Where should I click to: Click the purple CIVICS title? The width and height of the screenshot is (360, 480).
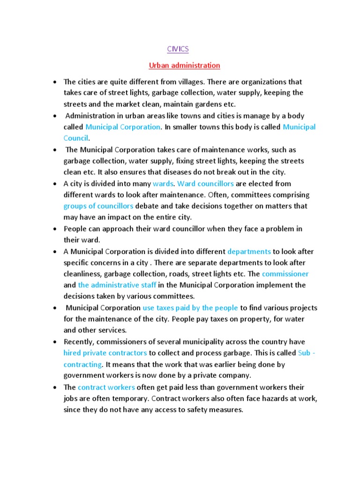click(178, 49)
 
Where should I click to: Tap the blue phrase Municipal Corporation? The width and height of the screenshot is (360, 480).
click(123, 127)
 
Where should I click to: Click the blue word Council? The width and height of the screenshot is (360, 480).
click(75, 138)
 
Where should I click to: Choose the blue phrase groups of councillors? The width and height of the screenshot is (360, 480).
click(98, 206)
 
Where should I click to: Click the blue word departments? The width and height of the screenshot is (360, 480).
click(249, 251)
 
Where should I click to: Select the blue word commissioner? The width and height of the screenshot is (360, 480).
click(285, 274)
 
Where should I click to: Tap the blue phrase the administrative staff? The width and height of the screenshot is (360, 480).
click(117, 285)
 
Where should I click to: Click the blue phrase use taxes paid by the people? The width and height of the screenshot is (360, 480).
click(190, 308)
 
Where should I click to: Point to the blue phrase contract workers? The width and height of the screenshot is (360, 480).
click(106, 387)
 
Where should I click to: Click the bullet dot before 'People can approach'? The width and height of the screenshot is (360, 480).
click(55, 229)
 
